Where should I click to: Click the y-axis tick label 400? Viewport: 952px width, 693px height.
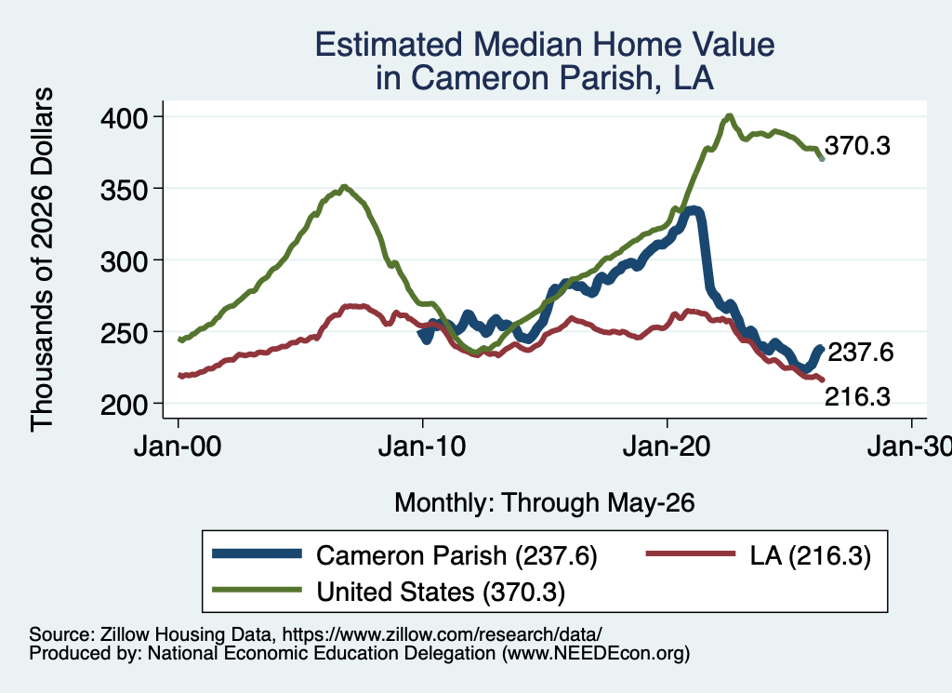tap(124, 118)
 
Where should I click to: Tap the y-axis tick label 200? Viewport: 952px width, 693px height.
tap(124, 405)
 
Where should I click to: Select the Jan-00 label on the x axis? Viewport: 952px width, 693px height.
tap(178, 446)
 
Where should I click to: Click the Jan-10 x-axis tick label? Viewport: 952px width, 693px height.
tap(422, 446)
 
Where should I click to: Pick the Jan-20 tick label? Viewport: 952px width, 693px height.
tap(667, 446)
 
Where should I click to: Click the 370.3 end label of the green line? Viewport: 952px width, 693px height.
tap(857, 146)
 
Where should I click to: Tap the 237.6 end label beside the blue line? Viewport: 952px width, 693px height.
tap(860, 353)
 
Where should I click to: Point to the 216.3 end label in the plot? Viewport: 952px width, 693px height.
tap(857, 397)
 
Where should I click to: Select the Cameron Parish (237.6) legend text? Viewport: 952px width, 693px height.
tap(456, 555)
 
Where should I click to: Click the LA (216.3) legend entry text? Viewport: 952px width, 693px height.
tap(811, 555)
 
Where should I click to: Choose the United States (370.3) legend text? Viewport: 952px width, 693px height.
tap(441, 592)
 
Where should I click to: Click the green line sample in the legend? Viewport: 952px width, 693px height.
tap(257, 590)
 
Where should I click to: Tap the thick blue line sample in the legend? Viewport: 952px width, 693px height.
tap(257, 553)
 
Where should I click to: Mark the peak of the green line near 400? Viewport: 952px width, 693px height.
tap(729, 115)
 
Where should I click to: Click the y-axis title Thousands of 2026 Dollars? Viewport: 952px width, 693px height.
tap(42, 260)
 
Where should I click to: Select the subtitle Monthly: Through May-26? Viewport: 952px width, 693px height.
tap(545, 503)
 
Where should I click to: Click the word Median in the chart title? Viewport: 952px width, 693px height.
tap(528, 45)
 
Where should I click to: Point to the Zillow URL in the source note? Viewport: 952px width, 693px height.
tap(442, 634)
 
